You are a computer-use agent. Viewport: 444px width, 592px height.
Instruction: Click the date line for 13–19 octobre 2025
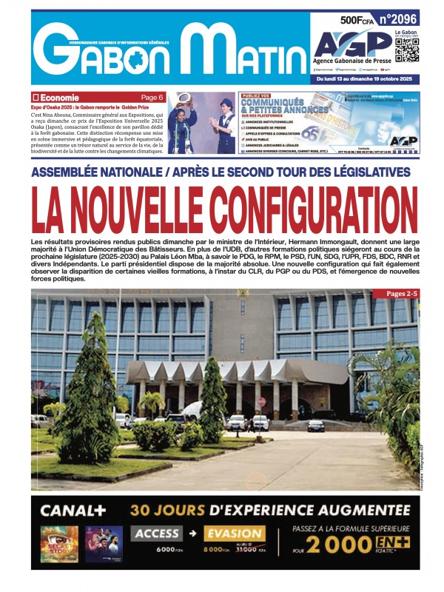366,78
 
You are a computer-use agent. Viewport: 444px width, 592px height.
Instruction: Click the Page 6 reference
152,98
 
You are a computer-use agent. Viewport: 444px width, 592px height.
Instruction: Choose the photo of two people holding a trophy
201,123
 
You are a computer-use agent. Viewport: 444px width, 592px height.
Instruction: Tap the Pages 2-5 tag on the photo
401,294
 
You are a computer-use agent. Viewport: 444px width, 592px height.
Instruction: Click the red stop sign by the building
261,402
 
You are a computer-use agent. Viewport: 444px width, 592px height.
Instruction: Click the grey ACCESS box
156,534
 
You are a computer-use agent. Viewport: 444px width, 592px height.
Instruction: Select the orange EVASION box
234,534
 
